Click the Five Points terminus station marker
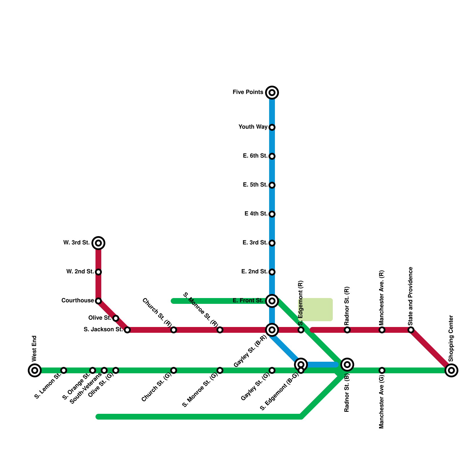pos(272,93)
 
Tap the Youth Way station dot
pos(272,127)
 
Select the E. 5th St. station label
pos(255,185)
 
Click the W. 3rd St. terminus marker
pos(98,243)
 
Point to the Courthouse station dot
pos(98,301)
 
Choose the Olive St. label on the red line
pos(100,318)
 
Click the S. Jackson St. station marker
pos(127,330)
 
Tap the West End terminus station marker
pos(35,370)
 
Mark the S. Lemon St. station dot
pos(64,370)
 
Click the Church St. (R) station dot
pos(174,330)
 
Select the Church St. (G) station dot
pos(174,370)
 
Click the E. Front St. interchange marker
pos(272,301)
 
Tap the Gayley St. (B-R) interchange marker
pos(272,330)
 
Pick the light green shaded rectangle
pos(317,310)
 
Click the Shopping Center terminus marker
pos(451,370)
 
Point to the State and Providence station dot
pos(411,330)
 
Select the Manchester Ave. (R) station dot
pos(382,330)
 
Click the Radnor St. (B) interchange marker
pos(347,365)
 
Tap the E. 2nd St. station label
pos(254,272)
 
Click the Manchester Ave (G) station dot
pos(382,370)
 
